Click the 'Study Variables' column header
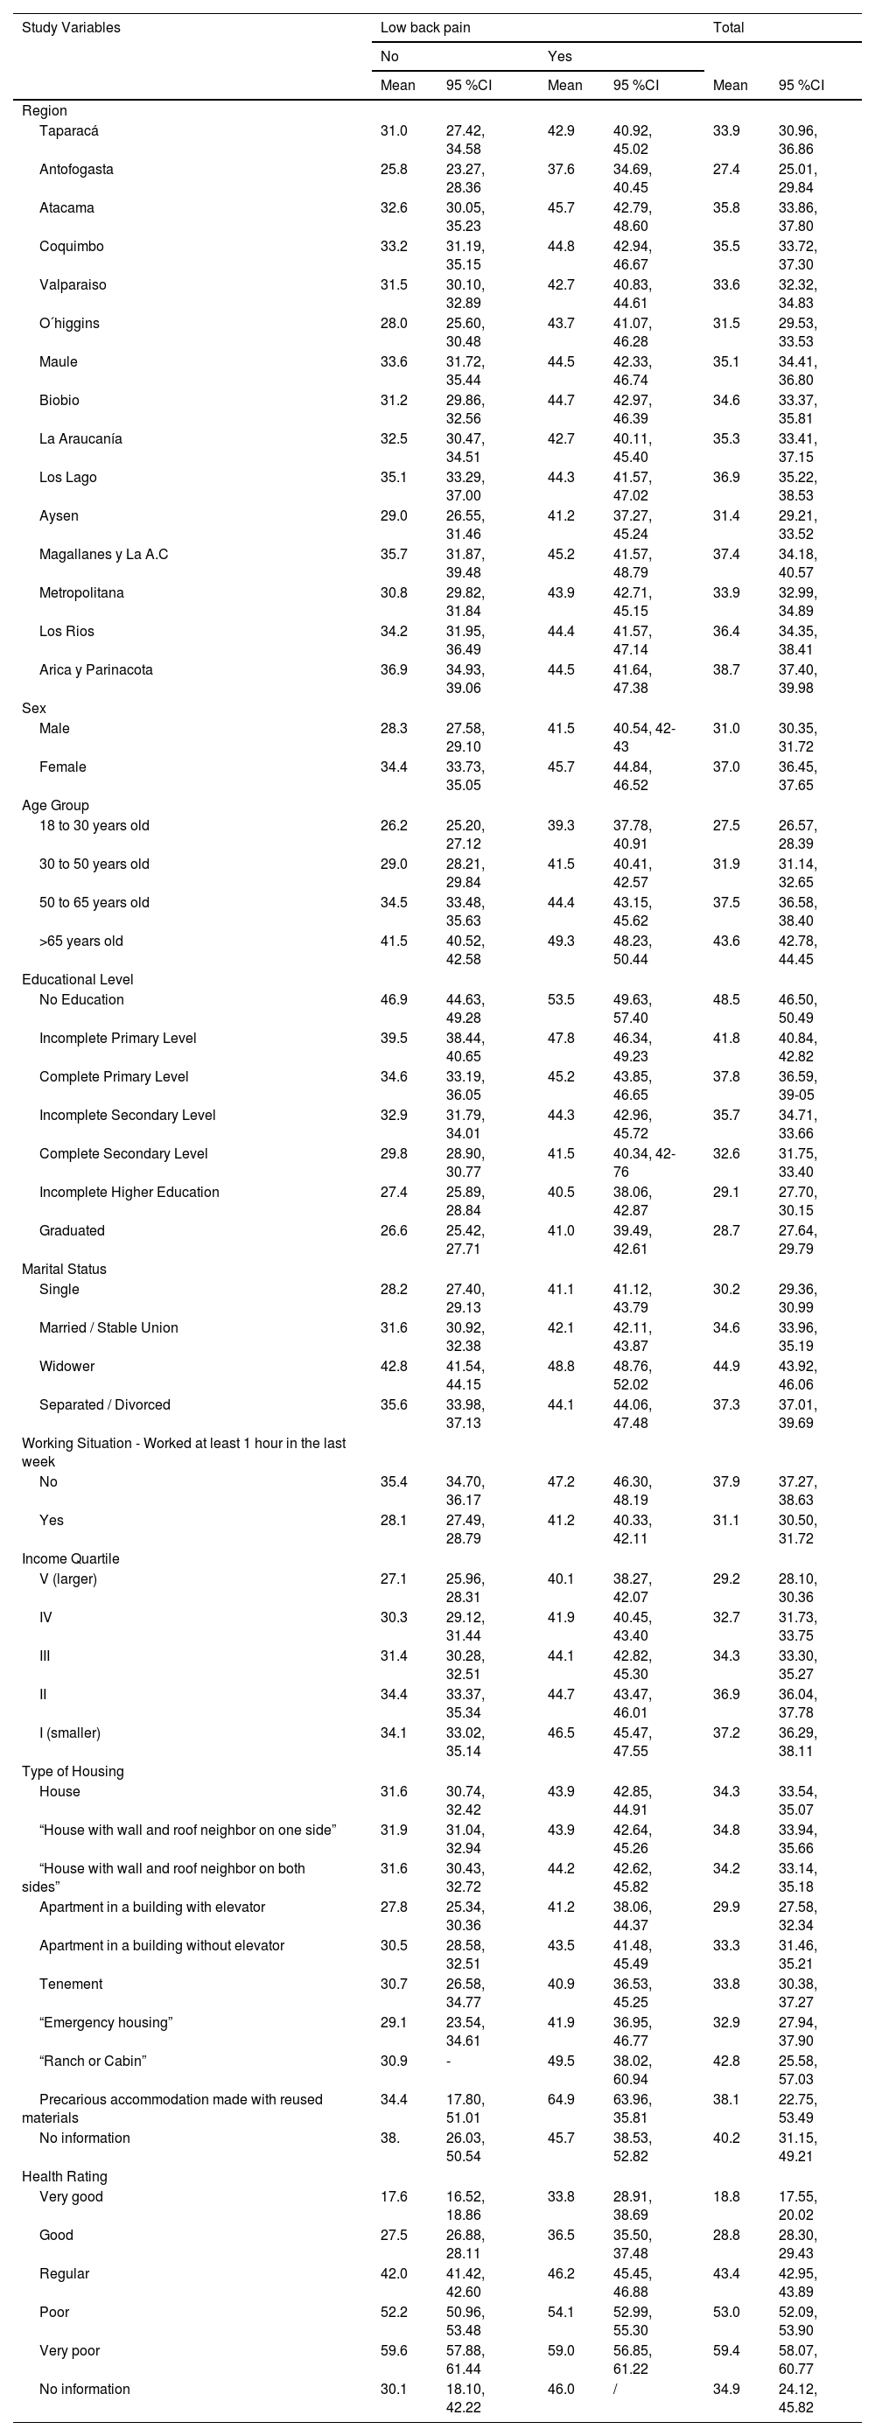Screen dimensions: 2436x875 pos(71,27)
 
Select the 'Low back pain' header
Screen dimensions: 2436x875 pos(424,27)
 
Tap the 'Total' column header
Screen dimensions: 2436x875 pos(728,27)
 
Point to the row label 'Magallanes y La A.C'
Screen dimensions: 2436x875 pos(103,554)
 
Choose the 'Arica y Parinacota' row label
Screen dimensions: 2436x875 pos(95,669)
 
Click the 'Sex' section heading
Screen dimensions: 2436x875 pos(34,708)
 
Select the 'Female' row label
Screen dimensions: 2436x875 pos(62,766)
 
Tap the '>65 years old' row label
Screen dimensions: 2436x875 pos(80,941)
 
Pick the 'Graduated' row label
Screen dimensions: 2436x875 pos(72,1230)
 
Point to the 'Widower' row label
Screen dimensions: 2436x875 pos(66,1366)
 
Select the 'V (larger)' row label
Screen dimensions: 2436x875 pos(68,1578)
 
